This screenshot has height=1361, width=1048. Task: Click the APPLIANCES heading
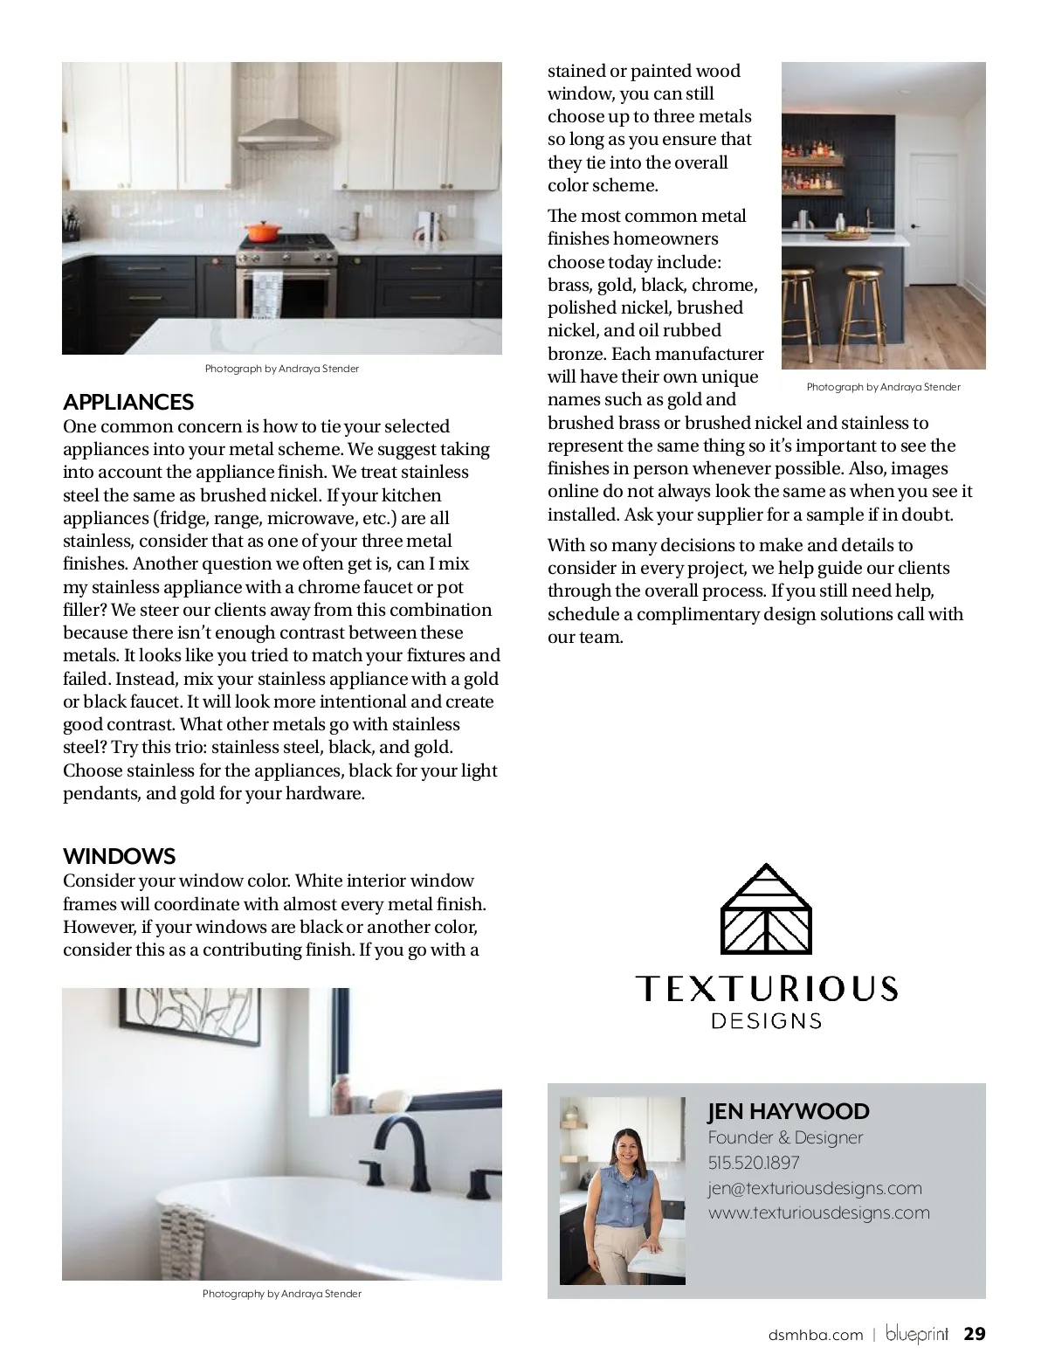coord(128,402)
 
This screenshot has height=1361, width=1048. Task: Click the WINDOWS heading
coord(119,856)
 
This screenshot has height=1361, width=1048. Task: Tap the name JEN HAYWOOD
coord(788,1111)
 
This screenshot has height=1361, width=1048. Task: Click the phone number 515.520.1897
coord(753,1163)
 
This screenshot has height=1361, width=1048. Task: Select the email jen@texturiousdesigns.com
coord(814,1188)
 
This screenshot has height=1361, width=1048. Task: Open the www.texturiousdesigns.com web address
coord(818,1212)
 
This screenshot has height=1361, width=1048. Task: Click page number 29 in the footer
coord(974,1334)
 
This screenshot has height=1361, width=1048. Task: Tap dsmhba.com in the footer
coord(815,1335)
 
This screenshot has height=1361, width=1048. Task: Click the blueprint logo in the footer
coord(916,1335)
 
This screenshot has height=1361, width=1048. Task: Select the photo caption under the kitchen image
coord(281,369)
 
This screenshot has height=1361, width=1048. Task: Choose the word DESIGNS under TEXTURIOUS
coord(766,1020)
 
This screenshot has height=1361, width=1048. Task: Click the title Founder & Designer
coord(784,1137)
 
